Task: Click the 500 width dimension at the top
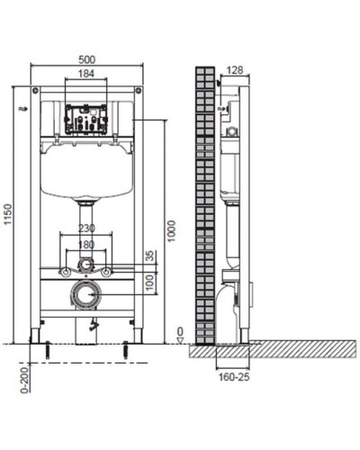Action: (x=86, y=59)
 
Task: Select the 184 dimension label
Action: (x=86, y=74)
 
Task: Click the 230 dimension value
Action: (x=86, y=228)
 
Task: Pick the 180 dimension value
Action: (x=86, y=243)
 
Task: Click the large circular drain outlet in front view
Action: (x=86, y=294)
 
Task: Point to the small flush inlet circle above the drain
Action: (x=86, y=265)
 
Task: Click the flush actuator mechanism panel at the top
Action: (x=86, y=121)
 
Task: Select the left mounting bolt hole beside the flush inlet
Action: (x=65, y=271)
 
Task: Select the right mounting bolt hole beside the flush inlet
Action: (x=108, y=271)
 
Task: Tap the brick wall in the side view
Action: (x=205, y=207)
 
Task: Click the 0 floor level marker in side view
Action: (x=180, y=331)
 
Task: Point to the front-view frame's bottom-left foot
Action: (x=36, y=337)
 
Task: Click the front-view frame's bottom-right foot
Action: (x=137, y=337)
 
